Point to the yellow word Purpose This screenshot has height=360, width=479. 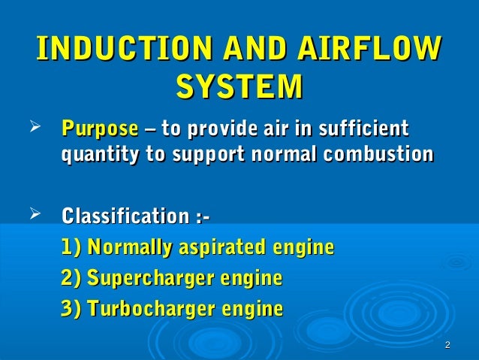click(x=99, y=127)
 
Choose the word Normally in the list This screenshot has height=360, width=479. click(x=130, y=248)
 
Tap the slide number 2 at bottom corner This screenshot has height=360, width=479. click(x=447, y=345)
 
